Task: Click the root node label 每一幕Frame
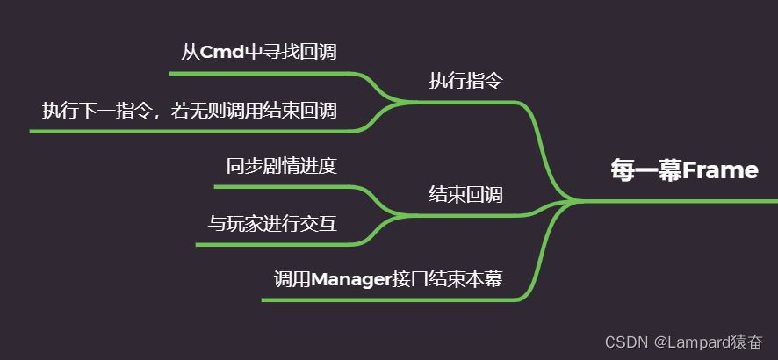pyautogui.click(x=684, y=170)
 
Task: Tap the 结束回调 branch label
pyautogui.click(x=465, y=194)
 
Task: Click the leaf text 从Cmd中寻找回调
pyautogui.click(x=259, y=52)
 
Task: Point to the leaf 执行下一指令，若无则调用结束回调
pyautogui.click(x=190, y=111)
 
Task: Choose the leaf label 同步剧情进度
pyautogui.click(x=281, y=166)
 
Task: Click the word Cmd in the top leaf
pyautogui.click(x=221, y=52)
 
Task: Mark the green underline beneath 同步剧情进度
pyautogui.click(x=281, y=186)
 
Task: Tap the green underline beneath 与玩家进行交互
pyautogui.click(x=272, y=244)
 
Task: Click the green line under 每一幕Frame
pyautogui.click(x=685, y=201)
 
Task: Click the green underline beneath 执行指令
pyautogui.click(x=465, y=103)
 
